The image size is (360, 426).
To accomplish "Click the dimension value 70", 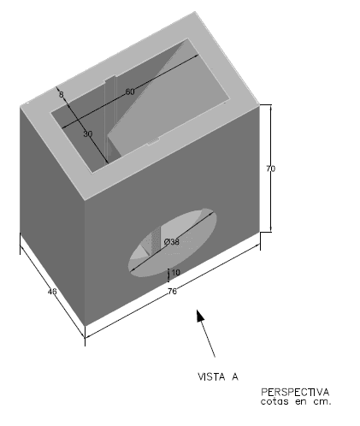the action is pos(271,169).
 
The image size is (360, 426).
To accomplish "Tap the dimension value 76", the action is pos(172,291).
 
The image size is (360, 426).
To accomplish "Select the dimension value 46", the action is pos(52,292).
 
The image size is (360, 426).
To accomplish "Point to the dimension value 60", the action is pos(130,92).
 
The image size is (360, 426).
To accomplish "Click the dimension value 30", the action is pos(88,133).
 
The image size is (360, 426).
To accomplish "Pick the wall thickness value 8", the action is pos(62,94).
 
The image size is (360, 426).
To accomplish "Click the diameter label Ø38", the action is pos(172,242).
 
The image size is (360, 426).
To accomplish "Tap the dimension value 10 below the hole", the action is pos(175,273).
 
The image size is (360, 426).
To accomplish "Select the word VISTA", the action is pos(211,376).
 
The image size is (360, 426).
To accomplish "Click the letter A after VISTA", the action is pos(235,376).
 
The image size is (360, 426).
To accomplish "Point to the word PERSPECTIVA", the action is pos(295,392).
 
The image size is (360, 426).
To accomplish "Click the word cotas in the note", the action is pos(274,401).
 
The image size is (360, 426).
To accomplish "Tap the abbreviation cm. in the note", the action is pos(322,402).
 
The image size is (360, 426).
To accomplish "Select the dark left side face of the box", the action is pos(52,216).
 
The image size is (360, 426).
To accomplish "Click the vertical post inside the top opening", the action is pos(110,117).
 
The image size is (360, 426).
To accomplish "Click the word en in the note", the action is pos(301,402).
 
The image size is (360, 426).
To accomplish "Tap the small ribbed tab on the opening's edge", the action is pos(153,140).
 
